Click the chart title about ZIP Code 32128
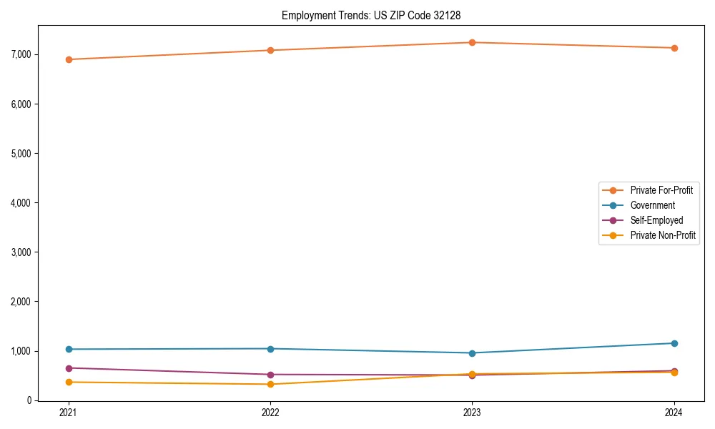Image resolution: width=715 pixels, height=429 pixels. [376, 15]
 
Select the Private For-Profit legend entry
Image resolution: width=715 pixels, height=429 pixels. [661, 190]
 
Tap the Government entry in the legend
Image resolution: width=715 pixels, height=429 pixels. [652, 205]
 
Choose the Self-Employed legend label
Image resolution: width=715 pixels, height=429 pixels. [656, 220]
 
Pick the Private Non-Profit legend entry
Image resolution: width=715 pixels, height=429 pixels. [663, 235]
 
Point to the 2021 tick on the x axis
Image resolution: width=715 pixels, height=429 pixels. [69, 413]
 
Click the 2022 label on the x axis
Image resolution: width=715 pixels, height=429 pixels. [270, 413]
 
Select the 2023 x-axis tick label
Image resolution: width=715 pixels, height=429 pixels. [472, 413]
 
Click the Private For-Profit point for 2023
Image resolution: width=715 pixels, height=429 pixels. [472, 42]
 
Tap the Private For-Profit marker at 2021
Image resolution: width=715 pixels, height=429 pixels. [69, 59]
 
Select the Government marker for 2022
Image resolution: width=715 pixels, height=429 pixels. [270, 349]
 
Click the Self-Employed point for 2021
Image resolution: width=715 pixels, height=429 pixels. [69, 368]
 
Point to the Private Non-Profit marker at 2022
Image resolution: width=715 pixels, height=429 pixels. [270, 385]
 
